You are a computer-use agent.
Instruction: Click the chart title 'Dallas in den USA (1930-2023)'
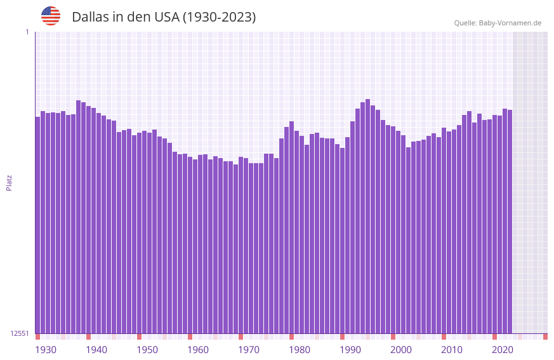164,17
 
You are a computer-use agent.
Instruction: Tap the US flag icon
51,16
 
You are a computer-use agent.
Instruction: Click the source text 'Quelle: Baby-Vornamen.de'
498,23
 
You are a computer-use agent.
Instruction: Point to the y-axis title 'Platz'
9,182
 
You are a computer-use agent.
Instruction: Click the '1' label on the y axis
27,32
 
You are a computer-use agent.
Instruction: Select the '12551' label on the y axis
20,333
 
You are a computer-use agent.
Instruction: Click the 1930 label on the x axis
46,350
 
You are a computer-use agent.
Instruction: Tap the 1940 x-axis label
96,350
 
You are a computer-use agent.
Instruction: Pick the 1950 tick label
147,350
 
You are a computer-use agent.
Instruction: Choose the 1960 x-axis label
198,350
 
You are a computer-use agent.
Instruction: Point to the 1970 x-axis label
249,350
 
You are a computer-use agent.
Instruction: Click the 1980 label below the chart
300,350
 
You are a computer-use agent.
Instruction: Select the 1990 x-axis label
350,350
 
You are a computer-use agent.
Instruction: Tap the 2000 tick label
401,350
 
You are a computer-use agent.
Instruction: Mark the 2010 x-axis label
452,350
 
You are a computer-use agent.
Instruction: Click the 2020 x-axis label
503,350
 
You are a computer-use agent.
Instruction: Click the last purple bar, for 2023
510,222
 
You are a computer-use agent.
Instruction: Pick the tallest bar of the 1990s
367,216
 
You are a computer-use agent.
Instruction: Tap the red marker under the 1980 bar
291,337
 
